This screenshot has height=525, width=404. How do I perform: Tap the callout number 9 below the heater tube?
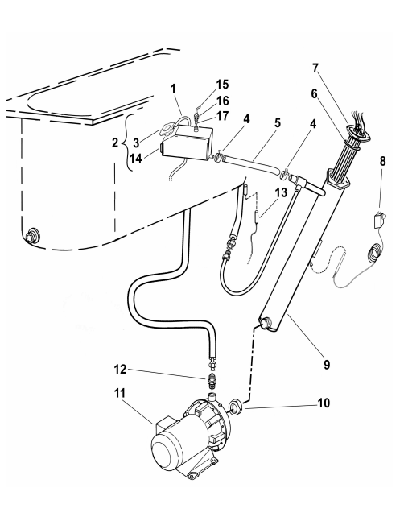(x=327, y=364)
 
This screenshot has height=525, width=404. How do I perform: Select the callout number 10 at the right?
(x=324, y=403)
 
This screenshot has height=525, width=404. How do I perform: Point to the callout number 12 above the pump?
(x=120, y=370)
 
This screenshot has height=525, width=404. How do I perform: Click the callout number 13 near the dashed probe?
(x=281, y=193)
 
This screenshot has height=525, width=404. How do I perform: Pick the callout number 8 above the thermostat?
(x=382, y=161)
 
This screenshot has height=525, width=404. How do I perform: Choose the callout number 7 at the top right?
(x=315, y=68)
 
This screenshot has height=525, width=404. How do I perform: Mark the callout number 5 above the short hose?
(x=278, y=123)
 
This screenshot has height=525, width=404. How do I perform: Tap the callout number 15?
(x=222, y=85)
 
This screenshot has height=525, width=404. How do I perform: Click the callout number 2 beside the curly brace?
(x=115, y=143)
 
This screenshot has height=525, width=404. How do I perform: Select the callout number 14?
(x=136, y=158)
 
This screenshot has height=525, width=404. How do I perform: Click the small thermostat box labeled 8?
(x=378, y=221)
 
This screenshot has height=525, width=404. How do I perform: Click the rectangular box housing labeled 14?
(x=186, y=143)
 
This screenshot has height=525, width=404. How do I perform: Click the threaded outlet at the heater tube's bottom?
(x=266, y=323)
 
